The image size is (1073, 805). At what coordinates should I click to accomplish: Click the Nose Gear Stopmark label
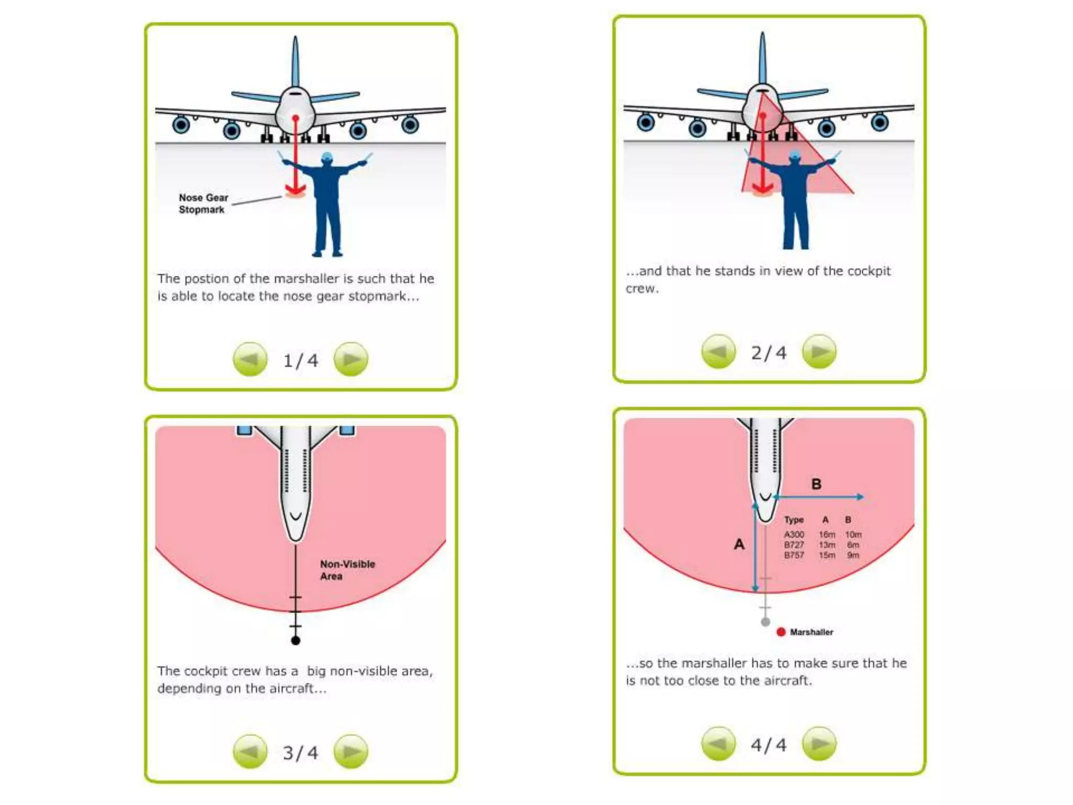click(x=203, y=203)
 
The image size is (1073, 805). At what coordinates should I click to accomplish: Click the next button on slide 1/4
click(x=351, y=360)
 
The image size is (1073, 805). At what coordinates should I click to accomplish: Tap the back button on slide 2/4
click(x=718, y=352)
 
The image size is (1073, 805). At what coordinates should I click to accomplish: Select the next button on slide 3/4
click(x=351, y=752)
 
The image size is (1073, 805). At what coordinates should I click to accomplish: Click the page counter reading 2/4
click(x=768, y=353)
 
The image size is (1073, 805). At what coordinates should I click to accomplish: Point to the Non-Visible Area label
click(x=347, y=570)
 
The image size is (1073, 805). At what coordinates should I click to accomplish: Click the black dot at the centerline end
click(x=295, y=640)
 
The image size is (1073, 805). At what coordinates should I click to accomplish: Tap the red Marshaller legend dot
click(x=781, y=632)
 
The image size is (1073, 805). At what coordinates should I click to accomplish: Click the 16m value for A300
click(x=827, y=535)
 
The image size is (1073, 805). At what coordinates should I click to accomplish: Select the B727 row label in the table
click(x=794, y=545)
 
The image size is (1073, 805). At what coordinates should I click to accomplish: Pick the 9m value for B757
click(x=853, y=555)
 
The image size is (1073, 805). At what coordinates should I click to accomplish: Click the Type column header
click(x=794, y=520)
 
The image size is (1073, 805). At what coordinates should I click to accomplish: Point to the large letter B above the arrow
click(x=816, y=484)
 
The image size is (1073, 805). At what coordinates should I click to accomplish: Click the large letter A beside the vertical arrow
click(x=739, y=545)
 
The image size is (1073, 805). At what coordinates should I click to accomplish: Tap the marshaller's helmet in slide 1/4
click(x=327, y=157)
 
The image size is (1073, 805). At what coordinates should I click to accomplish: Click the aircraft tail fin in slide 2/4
click(x=762, y=58)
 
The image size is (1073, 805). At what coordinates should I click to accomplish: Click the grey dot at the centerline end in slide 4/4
click(x=765, y=622)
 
